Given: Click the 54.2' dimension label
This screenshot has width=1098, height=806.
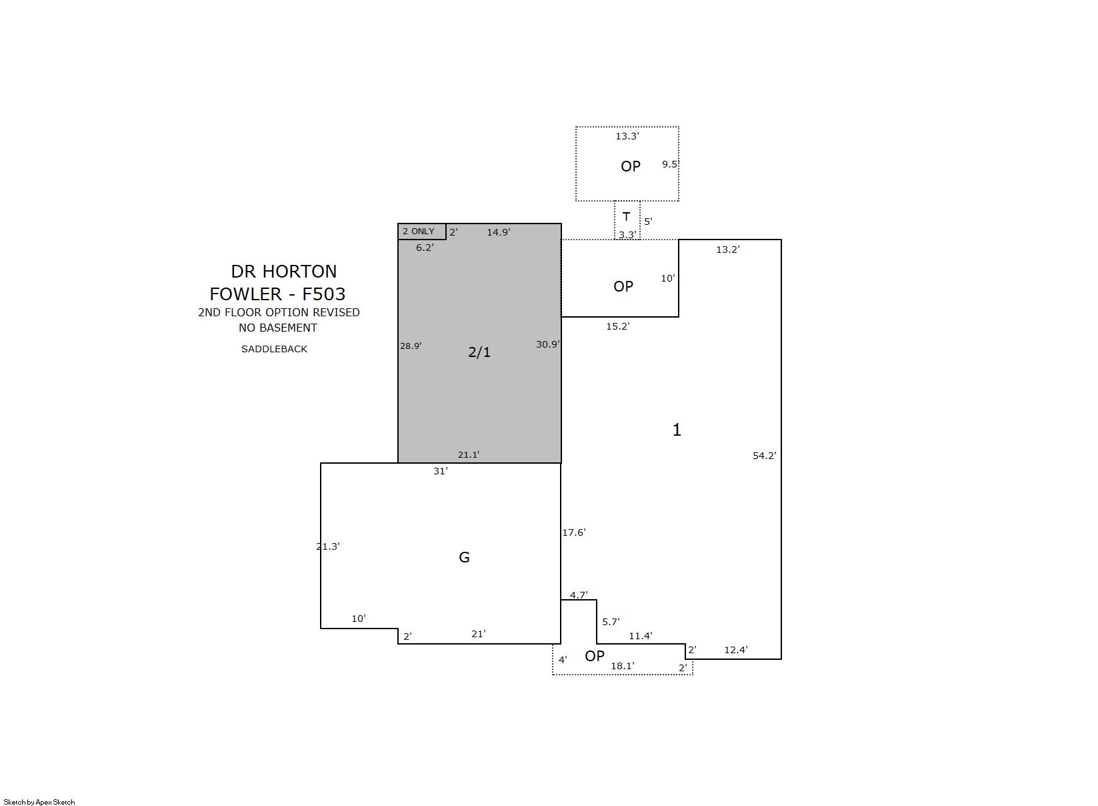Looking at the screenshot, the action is click(x=764, y=456).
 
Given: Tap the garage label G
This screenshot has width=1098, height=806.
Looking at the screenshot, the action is click(x=464, y=557).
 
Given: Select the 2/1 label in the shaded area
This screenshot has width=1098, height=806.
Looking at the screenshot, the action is click(x=479, y=352).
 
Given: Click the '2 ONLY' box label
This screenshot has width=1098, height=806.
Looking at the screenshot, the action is click(x=418, y=231).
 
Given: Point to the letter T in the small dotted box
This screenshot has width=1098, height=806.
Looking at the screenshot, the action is click(x=626, y=216).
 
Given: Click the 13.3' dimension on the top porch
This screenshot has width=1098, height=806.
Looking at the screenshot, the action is click(x=627, y=136).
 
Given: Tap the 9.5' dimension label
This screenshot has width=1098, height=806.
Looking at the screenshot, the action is click(x=669, y=164).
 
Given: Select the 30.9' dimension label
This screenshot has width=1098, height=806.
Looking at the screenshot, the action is click(x=547, y=344).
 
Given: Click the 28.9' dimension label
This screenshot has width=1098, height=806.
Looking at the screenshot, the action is click(x=410, y=346).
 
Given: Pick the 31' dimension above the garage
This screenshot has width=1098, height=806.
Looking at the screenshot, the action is click(x=440, y=471).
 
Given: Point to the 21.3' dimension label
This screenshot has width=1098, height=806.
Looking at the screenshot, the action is click(x=328, y=546).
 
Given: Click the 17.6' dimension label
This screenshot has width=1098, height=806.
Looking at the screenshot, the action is click(x=574, y=532).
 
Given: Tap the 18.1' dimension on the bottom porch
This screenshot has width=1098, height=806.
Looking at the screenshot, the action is click(x=623, y=666).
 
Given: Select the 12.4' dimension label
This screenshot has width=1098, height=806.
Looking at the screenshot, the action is click(x=736, y=650).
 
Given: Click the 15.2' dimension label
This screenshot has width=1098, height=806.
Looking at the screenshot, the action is click(x=617, y=326).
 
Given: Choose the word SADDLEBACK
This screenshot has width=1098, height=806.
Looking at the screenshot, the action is click(x=274, y=349).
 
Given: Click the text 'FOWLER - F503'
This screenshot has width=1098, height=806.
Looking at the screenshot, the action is click(x=277, y=294).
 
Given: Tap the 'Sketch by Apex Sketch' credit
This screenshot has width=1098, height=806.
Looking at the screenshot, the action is click(x=39, y=802).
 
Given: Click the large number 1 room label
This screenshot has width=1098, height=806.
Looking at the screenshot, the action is click(x=677, y=430).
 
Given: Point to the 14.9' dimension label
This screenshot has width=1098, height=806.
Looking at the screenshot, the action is click(x=499, y=232).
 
